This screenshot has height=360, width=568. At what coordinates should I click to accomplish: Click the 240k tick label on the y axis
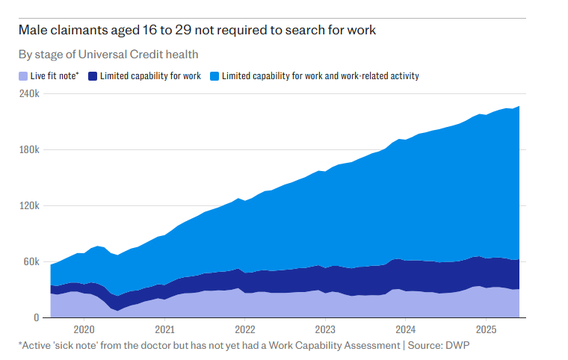pos(29,94)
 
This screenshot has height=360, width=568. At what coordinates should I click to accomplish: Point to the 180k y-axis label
pos(29,150)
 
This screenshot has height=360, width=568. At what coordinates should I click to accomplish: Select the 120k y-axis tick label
pos(29,206)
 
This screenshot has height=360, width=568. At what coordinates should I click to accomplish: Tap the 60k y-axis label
pos(31,262)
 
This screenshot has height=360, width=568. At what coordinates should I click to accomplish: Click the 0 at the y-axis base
pos(36,318)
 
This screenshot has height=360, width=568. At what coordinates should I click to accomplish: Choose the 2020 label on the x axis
pos(84,329)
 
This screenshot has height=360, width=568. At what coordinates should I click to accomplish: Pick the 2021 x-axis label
pos(164,329)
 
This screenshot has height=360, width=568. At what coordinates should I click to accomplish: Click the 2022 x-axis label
pos(244,329)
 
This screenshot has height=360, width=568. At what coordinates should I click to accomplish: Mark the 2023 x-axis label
pos(325,329)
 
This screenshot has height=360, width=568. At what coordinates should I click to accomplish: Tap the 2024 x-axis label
pos(406,329)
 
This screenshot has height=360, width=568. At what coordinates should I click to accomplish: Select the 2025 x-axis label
pos(487,329)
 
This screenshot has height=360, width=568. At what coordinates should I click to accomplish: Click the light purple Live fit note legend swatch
pos(22,76)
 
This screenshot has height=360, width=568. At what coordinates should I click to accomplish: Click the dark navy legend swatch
pos(93,76)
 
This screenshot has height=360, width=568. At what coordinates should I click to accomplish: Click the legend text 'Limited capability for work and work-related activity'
pos(321,76)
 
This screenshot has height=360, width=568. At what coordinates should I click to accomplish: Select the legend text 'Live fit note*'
pos(55,76)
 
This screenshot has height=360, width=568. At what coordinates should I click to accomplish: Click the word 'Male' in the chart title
pos(34,31)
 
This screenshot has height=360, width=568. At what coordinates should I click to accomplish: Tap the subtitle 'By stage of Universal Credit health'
pos(108,55)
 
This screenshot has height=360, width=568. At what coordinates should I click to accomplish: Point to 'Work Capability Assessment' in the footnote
pos(319,346)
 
